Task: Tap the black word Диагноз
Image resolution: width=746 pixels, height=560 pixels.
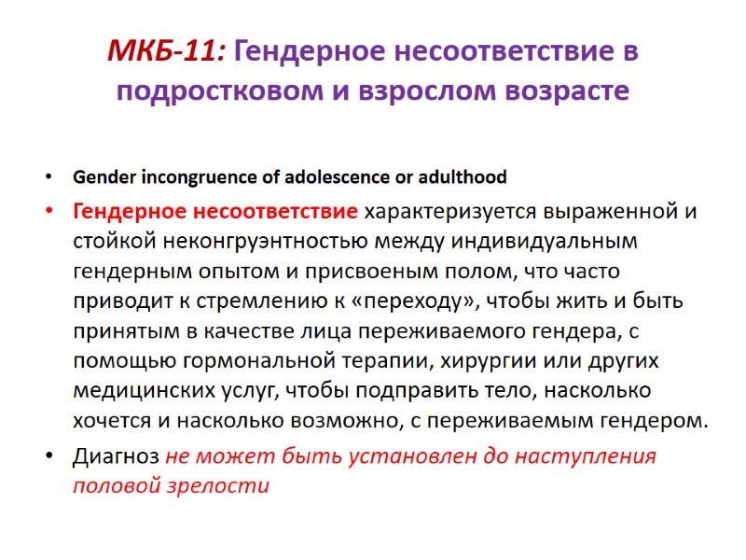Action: click(x=116, y=457)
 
